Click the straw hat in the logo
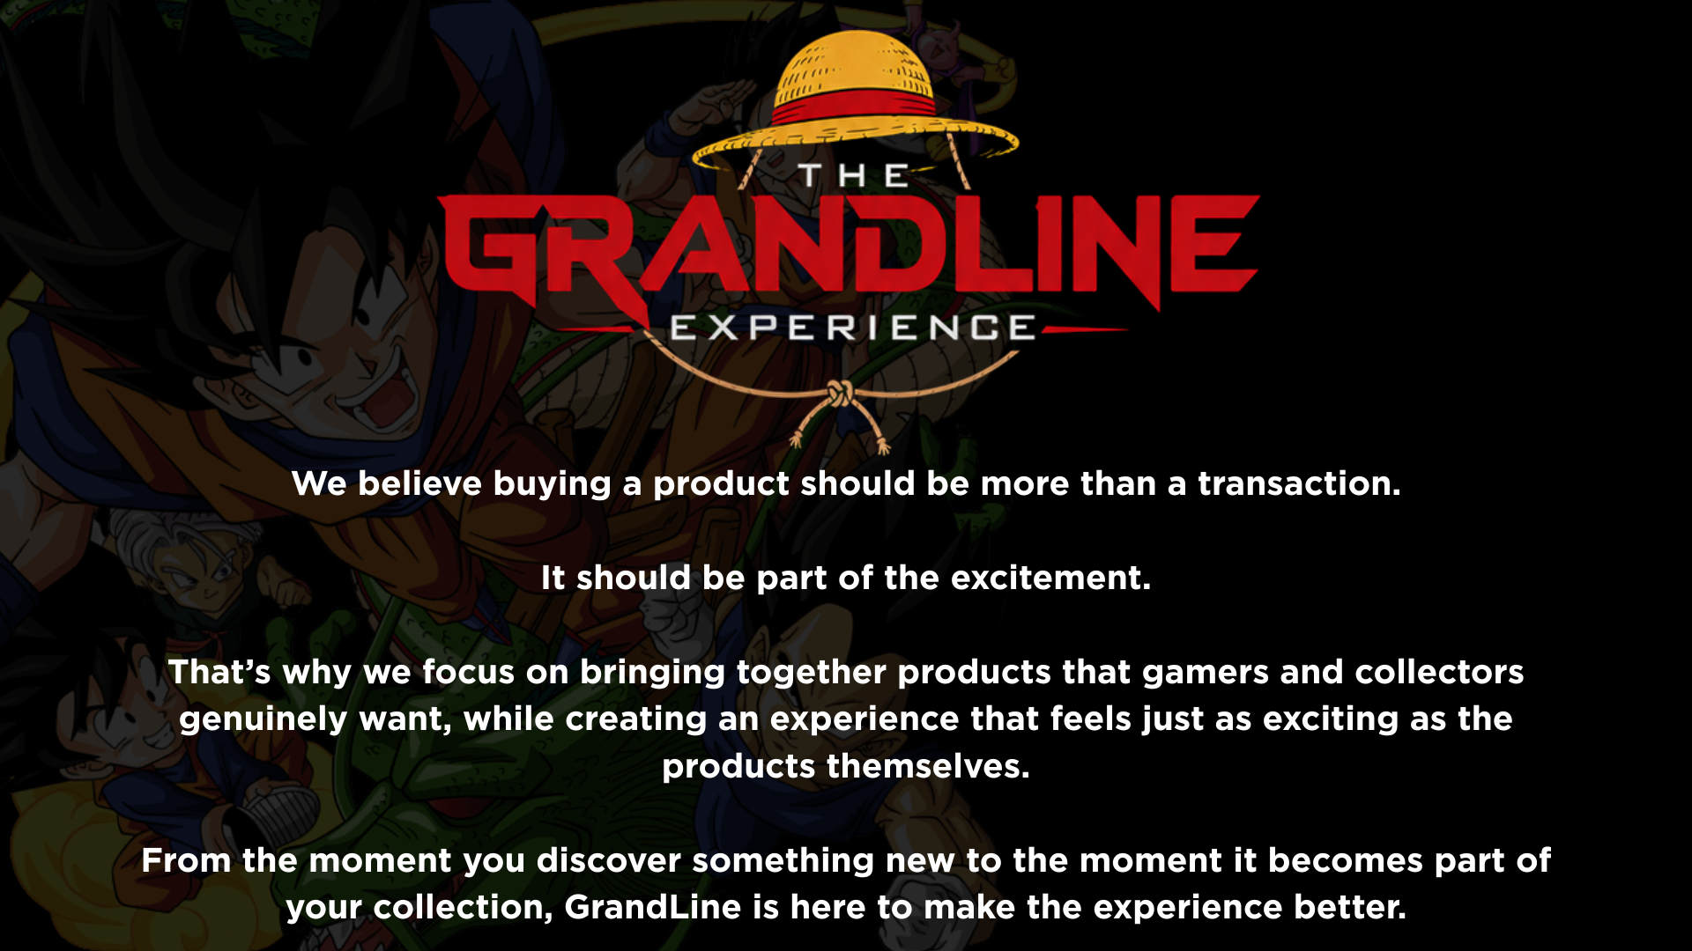[x=855, y=101]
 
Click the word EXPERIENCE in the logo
[x=852, y=328]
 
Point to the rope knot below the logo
[x=840, y=394]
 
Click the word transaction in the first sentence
[x=1298, y=483]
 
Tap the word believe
[x=419, y=483]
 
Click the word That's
[x=219, y=672]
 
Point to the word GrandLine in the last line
[x=653, y=907]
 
